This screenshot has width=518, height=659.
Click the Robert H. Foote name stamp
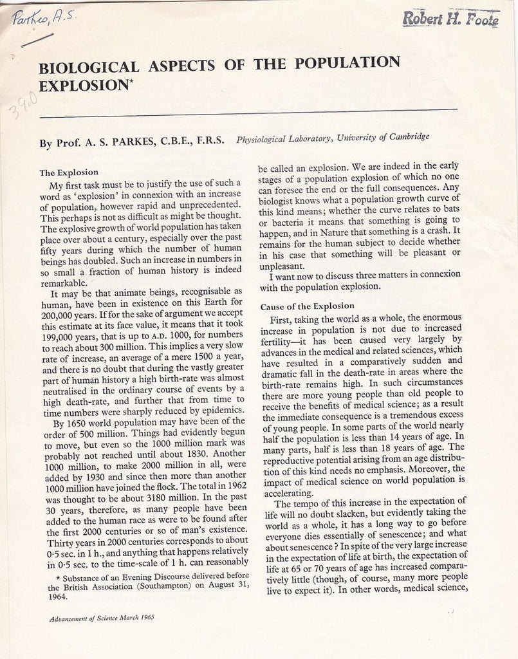[450, 19]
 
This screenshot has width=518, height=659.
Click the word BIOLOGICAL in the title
[88, 68]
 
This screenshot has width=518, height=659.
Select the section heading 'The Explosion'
[69, 172]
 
